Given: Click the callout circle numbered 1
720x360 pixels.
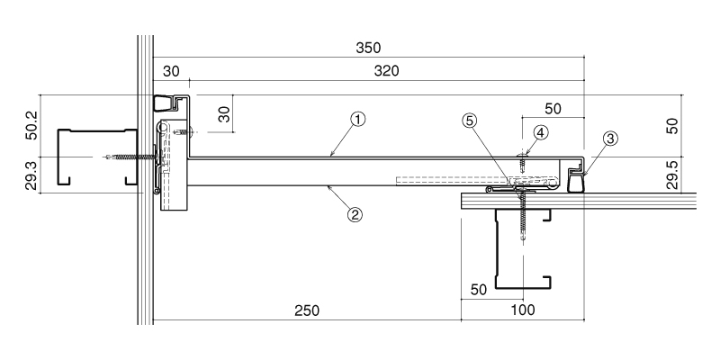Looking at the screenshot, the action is pyautogui.click(x=358, y=120).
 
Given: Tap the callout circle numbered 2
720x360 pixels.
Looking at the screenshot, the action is pyautogui.click(x=355, y=214).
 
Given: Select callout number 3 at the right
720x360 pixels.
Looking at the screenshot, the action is pyautogui.click(x=610, y=139).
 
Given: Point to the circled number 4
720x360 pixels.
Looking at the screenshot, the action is pyautogui.click(x=541, y=132).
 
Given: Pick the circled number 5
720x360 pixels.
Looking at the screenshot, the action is pyautogui.click(x=470, y=121).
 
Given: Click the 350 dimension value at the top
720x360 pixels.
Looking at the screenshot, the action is pyautogui.click(x=368, y=48).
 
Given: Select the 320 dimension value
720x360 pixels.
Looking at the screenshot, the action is pyautogui.click(x=387, y=71).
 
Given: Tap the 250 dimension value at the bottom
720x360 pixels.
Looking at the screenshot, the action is pyautogui.click(x=307, y=310).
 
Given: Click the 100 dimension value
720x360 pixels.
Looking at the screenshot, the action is pyautogui.click(x=523, y=310).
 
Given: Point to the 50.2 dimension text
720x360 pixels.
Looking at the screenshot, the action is pyautogui.click(x=32, y=124).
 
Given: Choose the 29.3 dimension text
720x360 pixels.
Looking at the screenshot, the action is pyautogui.click(x=32, y=175).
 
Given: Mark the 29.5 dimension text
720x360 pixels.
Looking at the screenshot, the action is pyautogui.click(x=671, y=175).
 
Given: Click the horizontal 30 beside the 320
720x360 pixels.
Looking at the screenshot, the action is pyautogui.click(x=171, y=71).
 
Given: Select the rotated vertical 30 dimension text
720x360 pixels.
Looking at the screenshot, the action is pyautogui.click(x=224, y=113).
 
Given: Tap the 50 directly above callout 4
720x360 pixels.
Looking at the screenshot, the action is pyautogui.click(x=553, y=109).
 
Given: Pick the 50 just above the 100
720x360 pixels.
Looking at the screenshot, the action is pyautogui.click(x=479, y=290).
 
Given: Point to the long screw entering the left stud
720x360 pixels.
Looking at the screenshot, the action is pyautogui.click(x=130, y=157).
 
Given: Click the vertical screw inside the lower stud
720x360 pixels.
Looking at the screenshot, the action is pyautogui.click(x=523, y=215).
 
